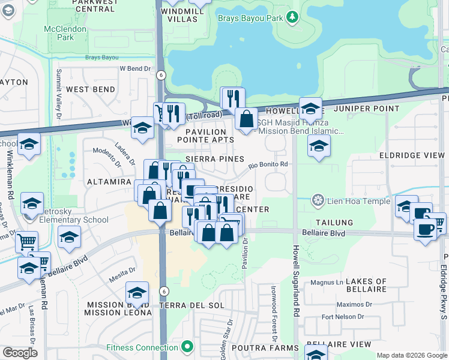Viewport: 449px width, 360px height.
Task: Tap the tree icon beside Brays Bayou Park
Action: point(292,18)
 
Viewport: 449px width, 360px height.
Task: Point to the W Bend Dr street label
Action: point(135,69)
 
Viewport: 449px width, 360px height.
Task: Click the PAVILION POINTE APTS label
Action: point(206,136)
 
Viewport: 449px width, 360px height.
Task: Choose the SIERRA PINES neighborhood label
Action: point(214,159)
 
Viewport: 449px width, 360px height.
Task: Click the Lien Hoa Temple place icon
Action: point(318,199)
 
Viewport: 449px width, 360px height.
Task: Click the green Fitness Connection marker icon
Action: point(188,346)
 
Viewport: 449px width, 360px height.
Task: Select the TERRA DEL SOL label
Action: point(192,305)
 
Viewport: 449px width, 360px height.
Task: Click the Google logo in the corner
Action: point(20,352)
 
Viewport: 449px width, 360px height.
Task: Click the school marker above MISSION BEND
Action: point(137,293)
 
